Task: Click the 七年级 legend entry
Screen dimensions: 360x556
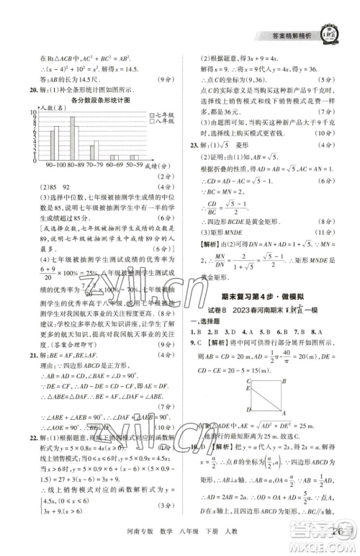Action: tap(160, 115)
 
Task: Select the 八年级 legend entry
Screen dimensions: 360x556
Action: tap(160, 122)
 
